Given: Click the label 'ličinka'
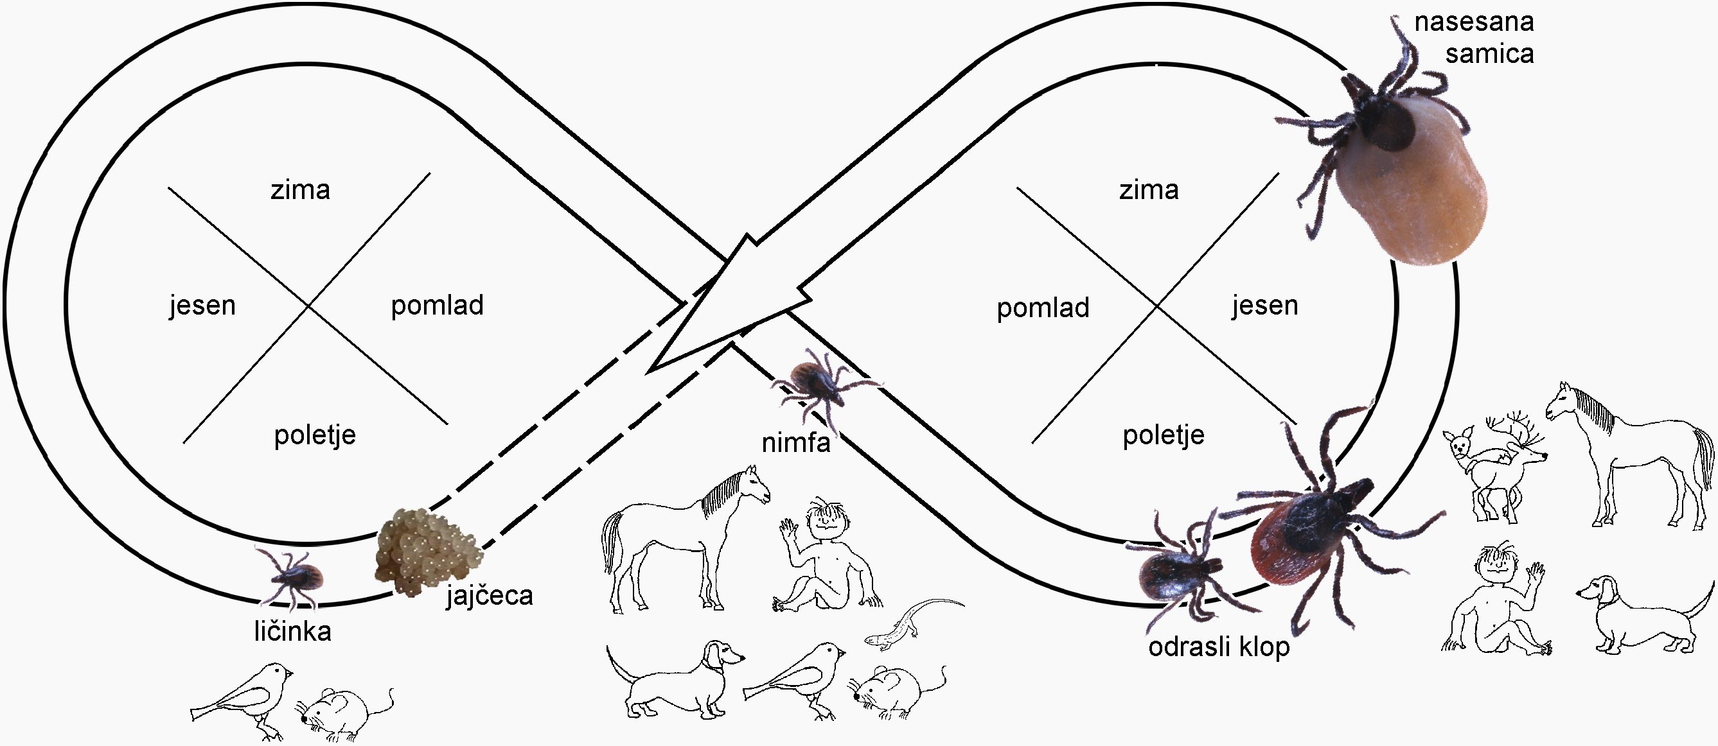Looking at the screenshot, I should coord(292,630).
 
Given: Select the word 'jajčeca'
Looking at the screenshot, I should coord(490,595).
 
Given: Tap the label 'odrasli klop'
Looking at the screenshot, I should coord(1219,646).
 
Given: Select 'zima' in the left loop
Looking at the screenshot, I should coord(300,191).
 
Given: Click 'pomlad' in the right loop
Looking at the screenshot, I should coord(1042,308).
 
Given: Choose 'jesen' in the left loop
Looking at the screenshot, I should coord(202,306).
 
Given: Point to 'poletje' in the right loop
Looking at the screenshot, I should coord(1163,435).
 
